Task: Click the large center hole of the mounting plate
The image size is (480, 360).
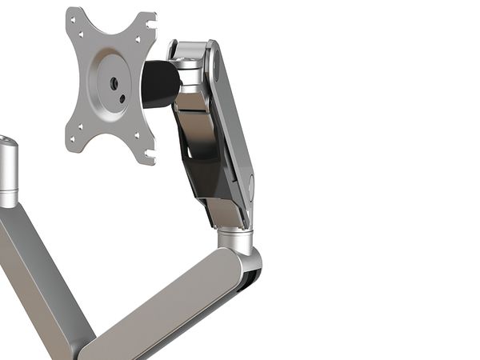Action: click(114, 82)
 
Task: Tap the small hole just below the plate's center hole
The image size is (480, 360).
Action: click(122, 100)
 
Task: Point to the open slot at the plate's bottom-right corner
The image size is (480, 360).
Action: click(150, 158)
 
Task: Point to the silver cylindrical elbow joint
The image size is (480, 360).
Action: click(236, 238)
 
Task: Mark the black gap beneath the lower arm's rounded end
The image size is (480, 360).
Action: click(250, 279)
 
